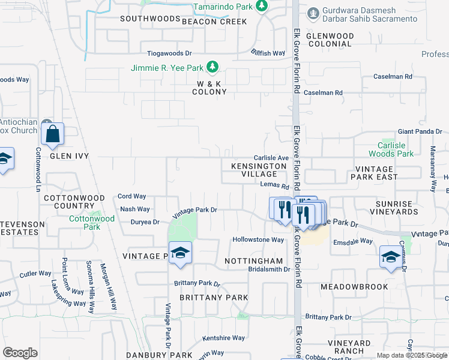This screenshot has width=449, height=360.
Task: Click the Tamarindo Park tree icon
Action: [x=261, y=6]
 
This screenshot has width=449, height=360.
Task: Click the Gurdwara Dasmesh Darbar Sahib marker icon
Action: [x=312, y=13]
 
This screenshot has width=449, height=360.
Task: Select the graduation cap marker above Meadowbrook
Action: [x=391, y=258]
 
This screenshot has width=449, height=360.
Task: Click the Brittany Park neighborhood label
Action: [x=203, y=298]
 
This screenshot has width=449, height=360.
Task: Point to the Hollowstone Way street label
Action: [x=258, y=239]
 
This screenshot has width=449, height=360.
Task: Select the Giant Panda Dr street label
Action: [x=420, y=131]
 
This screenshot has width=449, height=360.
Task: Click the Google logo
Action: [x=20, y=353]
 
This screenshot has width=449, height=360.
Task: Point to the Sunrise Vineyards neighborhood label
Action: [x=394, y=208]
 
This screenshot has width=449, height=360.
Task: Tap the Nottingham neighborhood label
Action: [x=253, y=261]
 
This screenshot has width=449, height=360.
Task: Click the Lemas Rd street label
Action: [x=275, y=185]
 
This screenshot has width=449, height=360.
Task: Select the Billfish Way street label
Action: [x=268, y=53]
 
